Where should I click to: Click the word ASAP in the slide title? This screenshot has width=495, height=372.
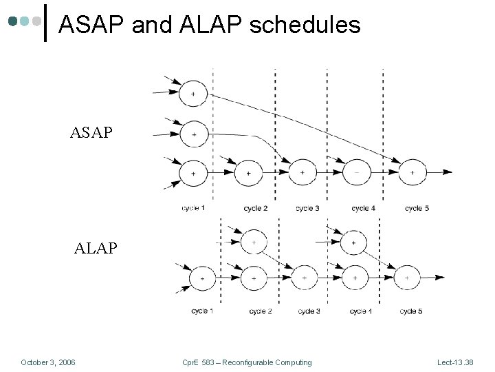pyautogui.click(x=89, y=25)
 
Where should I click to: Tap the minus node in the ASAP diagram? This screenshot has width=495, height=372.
pyautogui.click(x=357, y=172)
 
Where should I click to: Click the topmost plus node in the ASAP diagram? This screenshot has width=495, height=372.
pyautogui.click(x=193, y=93)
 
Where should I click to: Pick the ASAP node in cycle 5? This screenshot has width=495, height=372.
pyautogui.click(x=412, y=172)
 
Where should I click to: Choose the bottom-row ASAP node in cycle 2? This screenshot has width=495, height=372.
pyautogui.click(x=248, y=172)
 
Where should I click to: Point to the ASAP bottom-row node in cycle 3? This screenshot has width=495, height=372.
pyautogui.click(x=302, y=172)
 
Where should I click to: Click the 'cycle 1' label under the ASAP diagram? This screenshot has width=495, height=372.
pyautogui.click(x=193, y=208)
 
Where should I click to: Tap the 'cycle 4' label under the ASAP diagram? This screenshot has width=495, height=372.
pyautogui.click(x=362, y=208)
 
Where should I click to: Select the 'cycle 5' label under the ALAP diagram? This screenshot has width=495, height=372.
pyautogui.click(x=410, y=312)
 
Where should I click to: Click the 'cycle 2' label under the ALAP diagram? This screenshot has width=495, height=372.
pyautogui.click(x=260, y=312)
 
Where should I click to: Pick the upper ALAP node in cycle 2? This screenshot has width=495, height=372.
pyautogui.click(x=254, y=242)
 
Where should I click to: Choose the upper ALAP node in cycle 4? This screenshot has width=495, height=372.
pyautogui.click(x=353, y=242)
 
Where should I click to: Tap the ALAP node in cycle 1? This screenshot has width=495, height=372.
pyautogui.click(x=203, y=278)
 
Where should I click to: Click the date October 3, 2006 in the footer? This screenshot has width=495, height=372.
pyautogui.click(x=48, y=362)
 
